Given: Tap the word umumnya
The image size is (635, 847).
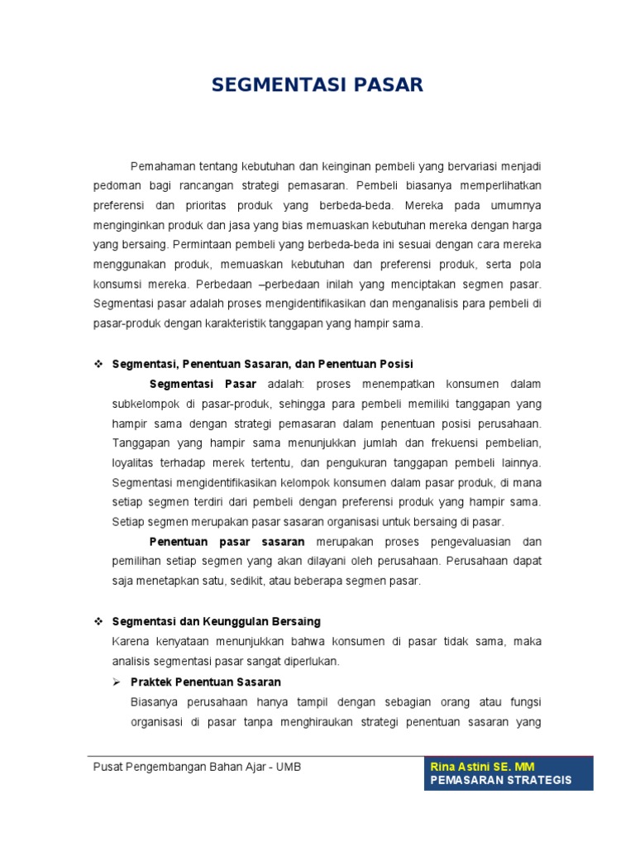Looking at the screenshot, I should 518,205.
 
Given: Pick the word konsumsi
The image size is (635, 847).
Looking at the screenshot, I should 116,284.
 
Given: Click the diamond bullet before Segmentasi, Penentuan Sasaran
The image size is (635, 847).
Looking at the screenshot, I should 98,364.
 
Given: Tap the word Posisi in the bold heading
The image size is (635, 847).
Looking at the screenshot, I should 395,364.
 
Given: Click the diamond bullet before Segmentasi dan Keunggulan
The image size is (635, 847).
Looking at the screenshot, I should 98,621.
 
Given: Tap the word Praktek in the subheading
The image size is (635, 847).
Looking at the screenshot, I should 151,682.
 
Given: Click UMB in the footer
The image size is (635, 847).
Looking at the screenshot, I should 288,767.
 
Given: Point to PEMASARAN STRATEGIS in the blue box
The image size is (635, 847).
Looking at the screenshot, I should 501,781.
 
